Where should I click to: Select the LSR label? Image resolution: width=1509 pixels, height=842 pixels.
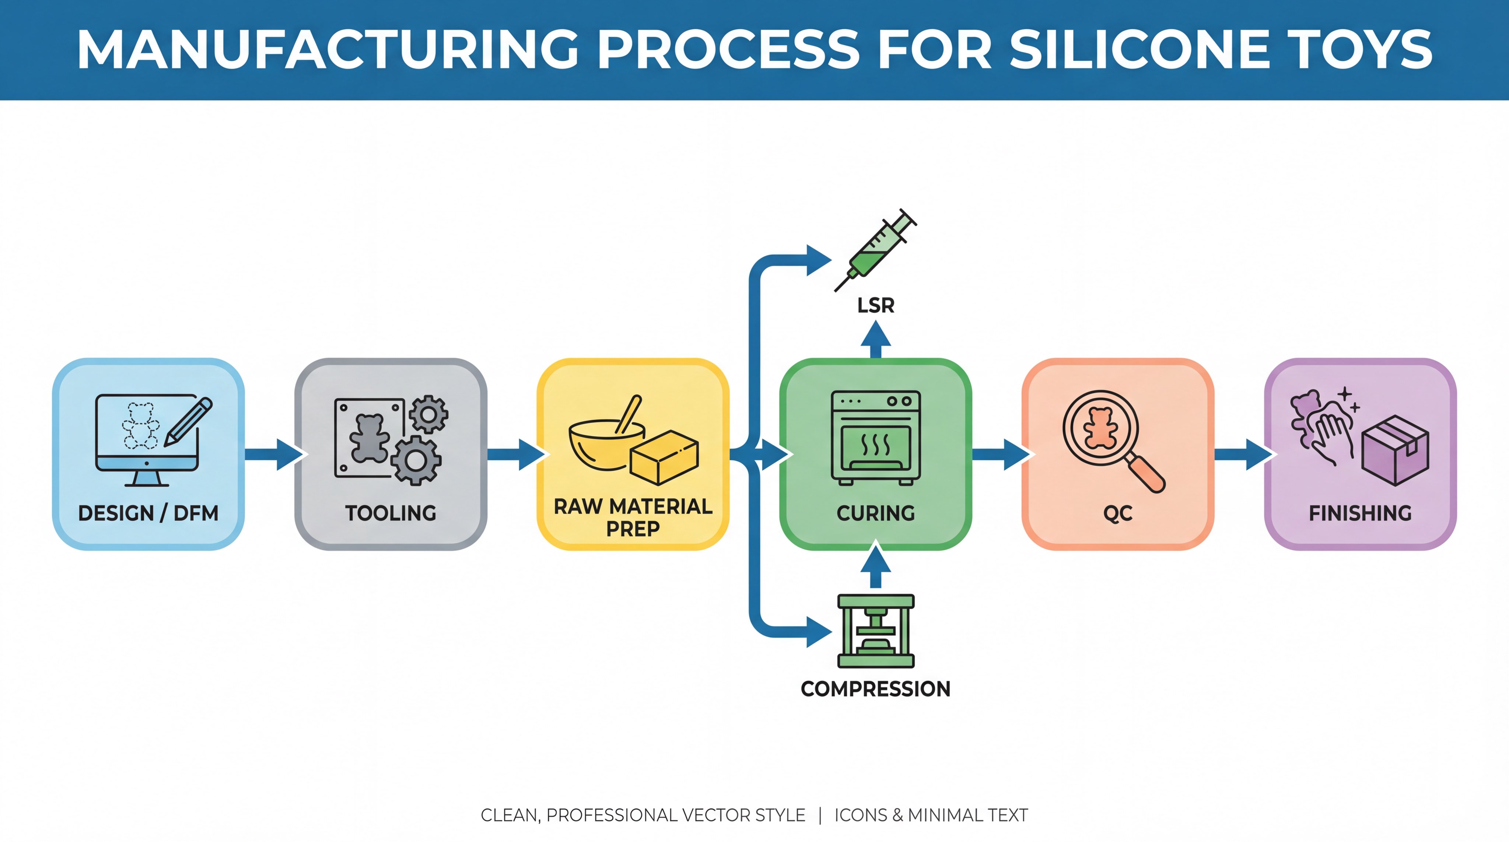876,306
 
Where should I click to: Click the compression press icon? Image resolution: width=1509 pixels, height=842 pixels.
876,631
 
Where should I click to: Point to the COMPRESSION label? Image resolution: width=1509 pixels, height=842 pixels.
876,689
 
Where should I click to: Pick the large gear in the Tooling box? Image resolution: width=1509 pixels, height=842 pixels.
416,460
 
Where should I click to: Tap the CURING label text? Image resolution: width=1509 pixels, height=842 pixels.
876,513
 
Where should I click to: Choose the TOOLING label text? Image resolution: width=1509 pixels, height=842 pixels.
391,513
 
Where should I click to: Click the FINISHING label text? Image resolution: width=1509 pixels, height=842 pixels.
1360,513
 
